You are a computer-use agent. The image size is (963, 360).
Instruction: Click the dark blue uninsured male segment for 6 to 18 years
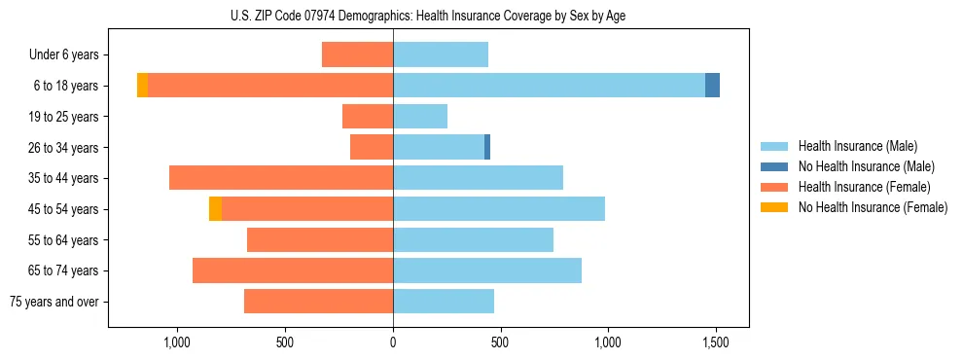coord(712,86)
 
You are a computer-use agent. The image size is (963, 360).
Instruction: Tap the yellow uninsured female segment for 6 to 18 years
coord(142,86)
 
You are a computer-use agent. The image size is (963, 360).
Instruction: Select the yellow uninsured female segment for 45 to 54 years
coord(215,209)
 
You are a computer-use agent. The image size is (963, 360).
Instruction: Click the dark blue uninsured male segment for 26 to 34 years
coord(487,147)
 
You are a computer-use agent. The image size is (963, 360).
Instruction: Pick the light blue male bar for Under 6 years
coord(441,54)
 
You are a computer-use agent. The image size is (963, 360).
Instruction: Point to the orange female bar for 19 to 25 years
coord(368,117)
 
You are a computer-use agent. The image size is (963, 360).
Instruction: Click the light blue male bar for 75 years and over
coord(444,302)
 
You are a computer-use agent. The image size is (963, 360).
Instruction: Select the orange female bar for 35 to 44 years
coord(281,178)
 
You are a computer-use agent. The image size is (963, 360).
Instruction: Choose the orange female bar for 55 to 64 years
coord(320,240)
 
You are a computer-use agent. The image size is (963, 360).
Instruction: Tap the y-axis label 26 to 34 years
coord(70,148)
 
